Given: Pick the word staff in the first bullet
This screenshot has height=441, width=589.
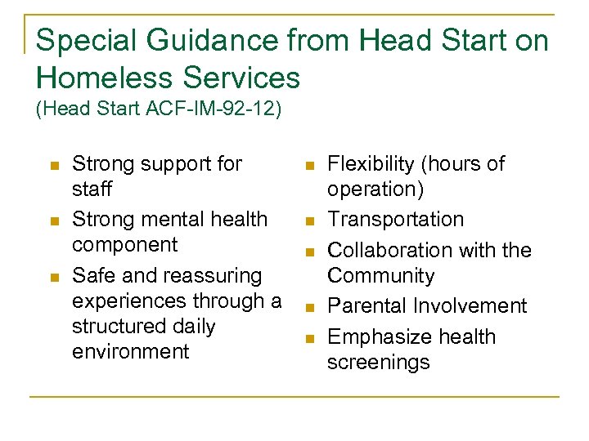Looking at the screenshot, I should coord(92,189).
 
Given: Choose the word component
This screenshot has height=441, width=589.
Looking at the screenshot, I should coord(124,245).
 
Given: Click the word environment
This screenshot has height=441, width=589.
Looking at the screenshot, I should coord(131,351).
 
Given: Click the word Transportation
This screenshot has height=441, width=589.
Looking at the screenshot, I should coord(395,219).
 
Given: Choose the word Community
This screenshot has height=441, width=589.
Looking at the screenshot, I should coord(381,275).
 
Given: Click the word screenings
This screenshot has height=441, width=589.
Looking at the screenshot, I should coord(378,362).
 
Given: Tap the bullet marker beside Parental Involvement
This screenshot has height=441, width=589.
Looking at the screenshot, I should coord(310,307).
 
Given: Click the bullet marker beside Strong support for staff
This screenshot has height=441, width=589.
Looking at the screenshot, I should coord(55,165).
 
